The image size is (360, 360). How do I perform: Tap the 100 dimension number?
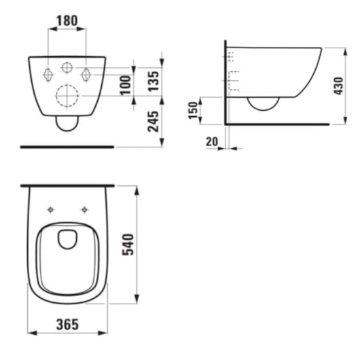pos(125,86)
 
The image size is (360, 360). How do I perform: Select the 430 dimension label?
pos(339,86)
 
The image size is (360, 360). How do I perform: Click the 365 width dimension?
pos(67,325)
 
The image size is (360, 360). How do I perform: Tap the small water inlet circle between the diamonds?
pos(67,67)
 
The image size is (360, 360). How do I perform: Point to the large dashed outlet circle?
pos(67,95)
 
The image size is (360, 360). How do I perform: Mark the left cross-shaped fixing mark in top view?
pos(51,209)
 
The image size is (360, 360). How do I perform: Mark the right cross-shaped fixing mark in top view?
pos(84,209)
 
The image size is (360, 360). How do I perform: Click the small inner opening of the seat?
pos(68,238)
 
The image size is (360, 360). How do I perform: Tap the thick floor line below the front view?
pos(67,146)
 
